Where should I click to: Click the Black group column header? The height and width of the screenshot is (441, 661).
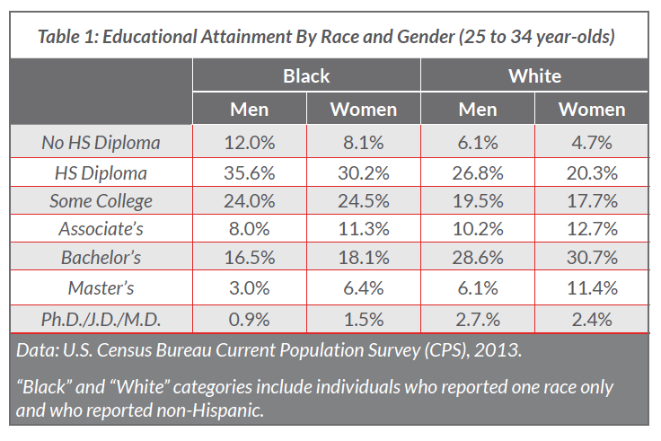tap(306, 75)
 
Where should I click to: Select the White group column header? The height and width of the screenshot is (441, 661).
tap(534, 75)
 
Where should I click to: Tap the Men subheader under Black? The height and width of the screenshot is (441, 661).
tap(250, 110)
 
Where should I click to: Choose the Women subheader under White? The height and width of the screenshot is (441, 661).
tap(591, 110)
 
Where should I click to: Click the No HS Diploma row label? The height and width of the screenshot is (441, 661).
tap(101, 142)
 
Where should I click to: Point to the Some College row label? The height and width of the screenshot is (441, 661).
tap(101, 200)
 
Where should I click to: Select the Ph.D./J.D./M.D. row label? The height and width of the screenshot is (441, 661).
tap(101, 318)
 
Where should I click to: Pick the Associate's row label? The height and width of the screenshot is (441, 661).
tap(101, 230)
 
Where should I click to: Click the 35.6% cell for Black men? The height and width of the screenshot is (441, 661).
tap(250, 172)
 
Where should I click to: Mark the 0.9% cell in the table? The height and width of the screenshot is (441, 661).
tap(250, 318)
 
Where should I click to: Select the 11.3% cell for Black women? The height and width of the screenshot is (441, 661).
tap(364, 230)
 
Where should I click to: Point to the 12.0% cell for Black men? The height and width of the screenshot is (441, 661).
tap(250, 142)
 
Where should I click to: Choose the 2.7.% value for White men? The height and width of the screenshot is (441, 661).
tap(478, 318)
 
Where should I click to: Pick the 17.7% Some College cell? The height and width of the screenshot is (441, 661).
tap(591, 200)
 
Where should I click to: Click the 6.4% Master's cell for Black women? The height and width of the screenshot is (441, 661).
tap(364, 288)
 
